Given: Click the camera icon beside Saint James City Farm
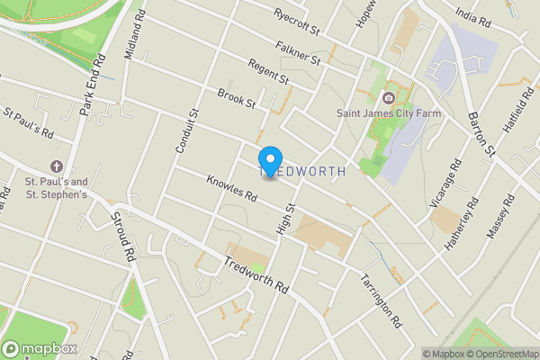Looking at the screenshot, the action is tap(388, 97).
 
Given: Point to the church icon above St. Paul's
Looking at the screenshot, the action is tap(57, 167).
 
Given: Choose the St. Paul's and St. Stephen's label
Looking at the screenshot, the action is tap(56, 187).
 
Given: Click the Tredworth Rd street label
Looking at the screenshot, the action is tap(256, 275).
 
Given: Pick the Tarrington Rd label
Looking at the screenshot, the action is tap(382, 300).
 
